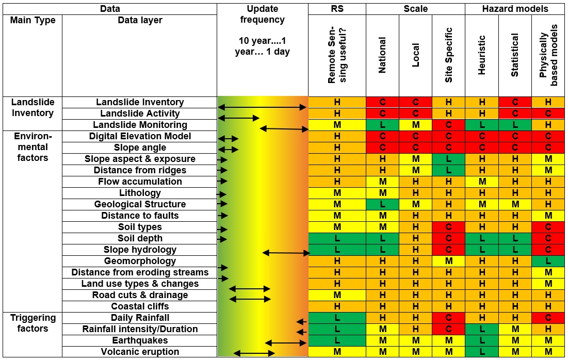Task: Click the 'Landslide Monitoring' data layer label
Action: [x=140, y=125]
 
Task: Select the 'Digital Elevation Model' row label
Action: [x=140, y=136]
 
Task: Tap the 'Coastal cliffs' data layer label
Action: [x=140, y=306]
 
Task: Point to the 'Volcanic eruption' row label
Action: [x=140, y=352]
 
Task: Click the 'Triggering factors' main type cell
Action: [x=33, y=323]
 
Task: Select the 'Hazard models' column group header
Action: [x=515, y=9]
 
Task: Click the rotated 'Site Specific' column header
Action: [x=448, y=55]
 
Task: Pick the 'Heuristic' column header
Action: [x=482, y=55]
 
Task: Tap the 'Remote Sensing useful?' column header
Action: [x=337, y=56]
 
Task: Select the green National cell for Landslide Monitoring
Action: [x=382, y=125]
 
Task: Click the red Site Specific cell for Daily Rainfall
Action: [x=448, y=318]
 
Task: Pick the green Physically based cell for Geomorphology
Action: [x=548, y=261]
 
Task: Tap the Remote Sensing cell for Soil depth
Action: [x=337, y=238]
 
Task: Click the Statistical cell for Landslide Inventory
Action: [x=515, y=102]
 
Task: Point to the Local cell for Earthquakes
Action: [x=415, y=340]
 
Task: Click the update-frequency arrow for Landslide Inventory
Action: [x=263, y=107]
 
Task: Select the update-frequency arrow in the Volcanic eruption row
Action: [x=254, y=353]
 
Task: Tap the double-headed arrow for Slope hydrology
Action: [x=286, y=253]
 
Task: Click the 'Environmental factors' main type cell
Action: [x=33, y=147]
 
